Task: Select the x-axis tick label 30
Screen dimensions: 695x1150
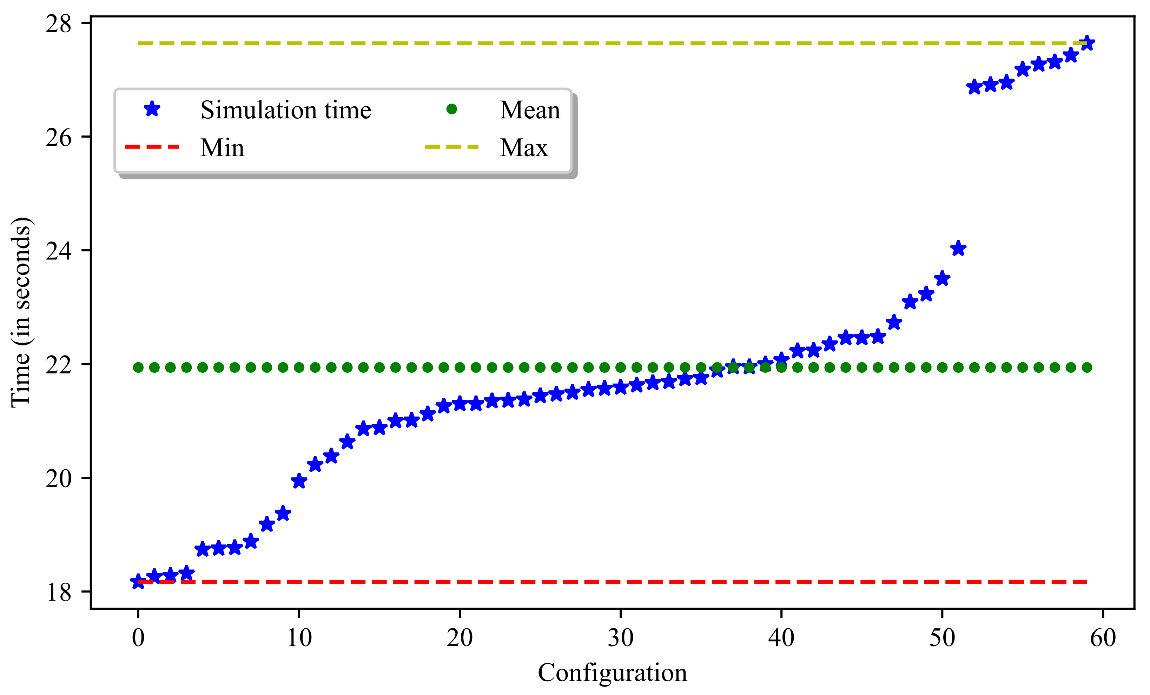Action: (x=620, y=637)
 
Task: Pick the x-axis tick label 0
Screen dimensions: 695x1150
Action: (x=138, y=637)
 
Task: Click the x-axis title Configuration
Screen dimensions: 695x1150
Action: (x=612, y=673)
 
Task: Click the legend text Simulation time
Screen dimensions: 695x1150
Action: (x=286, y=110)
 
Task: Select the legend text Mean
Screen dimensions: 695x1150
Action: (x=530, y=110)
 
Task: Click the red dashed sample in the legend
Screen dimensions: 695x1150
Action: (x=152, y=147)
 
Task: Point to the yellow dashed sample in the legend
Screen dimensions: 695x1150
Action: (x=451, y=147)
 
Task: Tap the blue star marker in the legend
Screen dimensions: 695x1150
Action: (x=152, y=109)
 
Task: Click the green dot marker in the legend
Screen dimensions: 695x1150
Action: (x=451, y=109)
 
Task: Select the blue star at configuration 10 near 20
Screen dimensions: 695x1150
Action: (x=299, y=481)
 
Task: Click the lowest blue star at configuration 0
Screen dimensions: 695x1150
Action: (x=138, y=582)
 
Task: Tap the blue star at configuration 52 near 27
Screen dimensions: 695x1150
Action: (x=974, y=87)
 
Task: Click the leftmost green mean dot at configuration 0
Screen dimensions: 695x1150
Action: (x=138, y=368)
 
